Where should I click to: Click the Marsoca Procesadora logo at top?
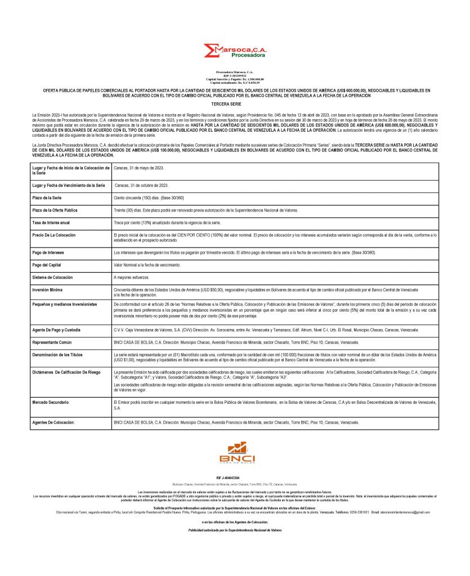pyautogui.click(x=235, y=53)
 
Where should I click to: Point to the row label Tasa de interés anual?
pyautogui.click(x=55, y=222)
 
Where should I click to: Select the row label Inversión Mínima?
pyautogui.click(x=49, y=289)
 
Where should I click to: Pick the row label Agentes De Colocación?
pyautogui.click(x=57, y=422)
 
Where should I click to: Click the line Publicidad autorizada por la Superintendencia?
pyautogui.click(x=235, y=530)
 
